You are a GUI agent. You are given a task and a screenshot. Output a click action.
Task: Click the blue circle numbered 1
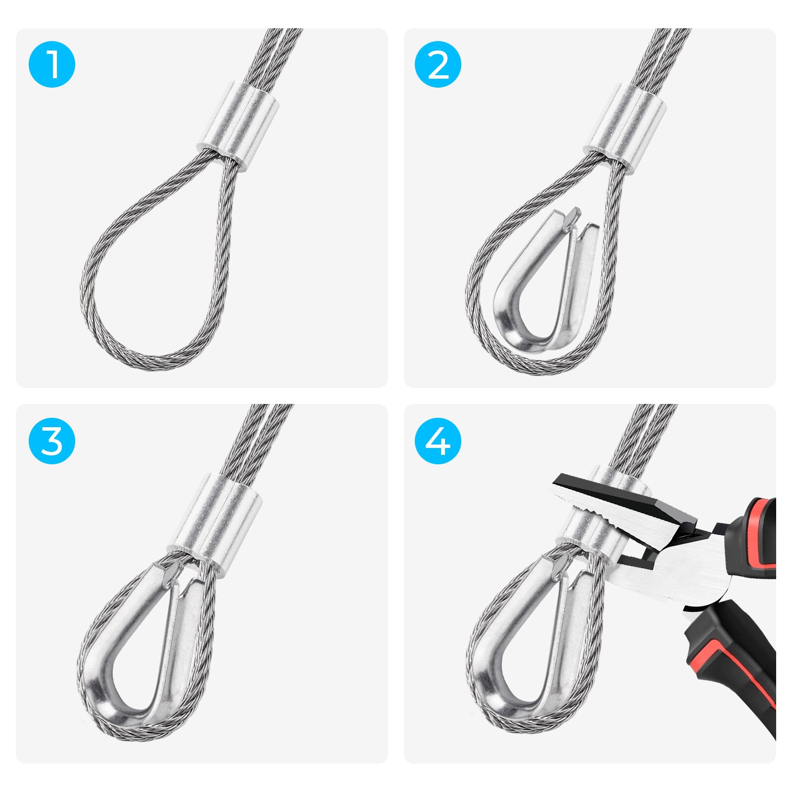click(x=52, y=64)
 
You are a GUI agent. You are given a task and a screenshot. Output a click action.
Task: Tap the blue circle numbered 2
click(x=438, y=64)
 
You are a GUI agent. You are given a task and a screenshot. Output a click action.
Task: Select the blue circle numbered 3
click(x=52, y=441)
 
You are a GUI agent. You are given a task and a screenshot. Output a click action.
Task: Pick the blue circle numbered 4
click(x=438, y=441)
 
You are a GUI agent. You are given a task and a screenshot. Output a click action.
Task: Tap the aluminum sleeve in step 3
click(x=218, y=522)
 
